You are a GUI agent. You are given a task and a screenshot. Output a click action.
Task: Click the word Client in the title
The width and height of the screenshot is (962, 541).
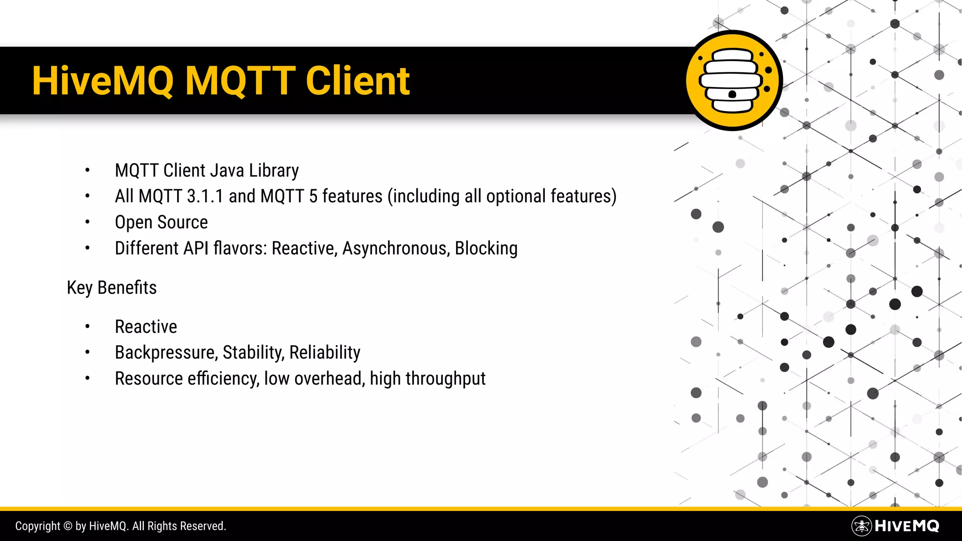click(x=357, y=81)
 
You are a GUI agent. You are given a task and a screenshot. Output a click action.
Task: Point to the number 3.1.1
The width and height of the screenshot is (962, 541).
click(x=205, y=196)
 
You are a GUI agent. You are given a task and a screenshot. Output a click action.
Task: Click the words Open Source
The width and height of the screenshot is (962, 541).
click(x=161, y=222)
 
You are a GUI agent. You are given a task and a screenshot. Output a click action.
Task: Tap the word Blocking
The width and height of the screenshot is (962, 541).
click(x=486, y=248)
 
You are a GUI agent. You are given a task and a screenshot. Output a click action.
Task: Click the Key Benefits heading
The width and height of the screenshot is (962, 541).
click(x=112, y=287)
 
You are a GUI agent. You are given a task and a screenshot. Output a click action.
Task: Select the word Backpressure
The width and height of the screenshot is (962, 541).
click(x=166, y=353)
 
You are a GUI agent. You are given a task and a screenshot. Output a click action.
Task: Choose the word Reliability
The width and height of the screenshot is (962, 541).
click(x=325, y=353)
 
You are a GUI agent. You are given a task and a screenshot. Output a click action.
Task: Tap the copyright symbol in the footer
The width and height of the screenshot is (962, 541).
click(x=68, y=526)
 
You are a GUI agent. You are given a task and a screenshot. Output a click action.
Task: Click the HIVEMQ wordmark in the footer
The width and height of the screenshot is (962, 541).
click(x=907, y=526)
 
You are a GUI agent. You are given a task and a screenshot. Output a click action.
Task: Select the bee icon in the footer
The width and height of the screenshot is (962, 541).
click(x=861, y=526)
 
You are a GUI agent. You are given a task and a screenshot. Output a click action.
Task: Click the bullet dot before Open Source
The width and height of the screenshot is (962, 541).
click(x=87, y=222)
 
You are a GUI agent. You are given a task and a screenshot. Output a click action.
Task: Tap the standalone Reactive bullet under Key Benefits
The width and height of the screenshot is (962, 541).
click(x=146, y=327)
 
